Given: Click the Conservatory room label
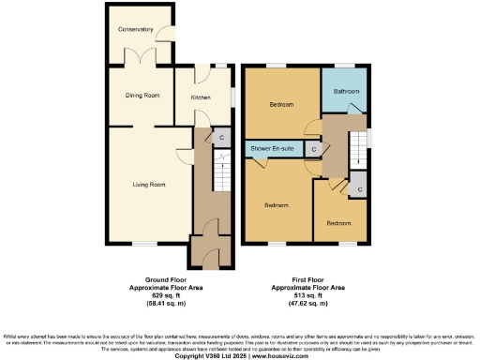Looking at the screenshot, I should click(135, 30).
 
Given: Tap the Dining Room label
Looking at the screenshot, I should click(139, 96).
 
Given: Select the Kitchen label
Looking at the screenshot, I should click(201, 97).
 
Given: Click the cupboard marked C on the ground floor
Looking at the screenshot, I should click(220, 138).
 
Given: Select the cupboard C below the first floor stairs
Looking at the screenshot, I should click(360, 188).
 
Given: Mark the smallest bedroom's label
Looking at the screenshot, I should click(338, 224).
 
